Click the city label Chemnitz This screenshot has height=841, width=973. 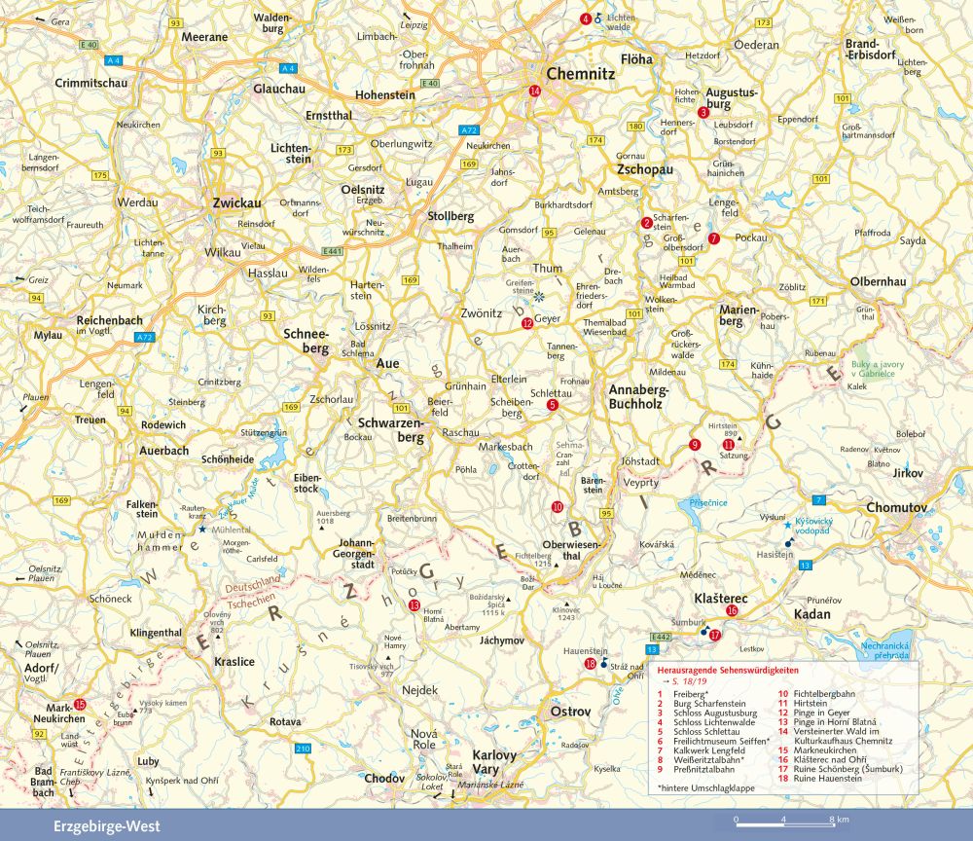tap(581, 73)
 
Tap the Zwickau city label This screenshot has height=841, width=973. tap(237, 203)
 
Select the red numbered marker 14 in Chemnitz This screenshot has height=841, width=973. tap(534, 91)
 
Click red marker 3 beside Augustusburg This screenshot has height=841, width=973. tap(703, 113)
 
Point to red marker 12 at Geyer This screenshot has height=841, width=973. tap(526, 323)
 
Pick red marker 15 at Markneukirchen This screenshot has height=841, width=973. tap(80, 704)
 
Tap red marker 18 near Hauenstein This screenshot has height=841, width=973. tap(590, 664)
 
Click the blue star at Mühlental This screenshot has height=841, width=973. tap(202, 529)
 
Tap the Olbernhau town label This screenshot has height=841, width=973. tap(878, 281)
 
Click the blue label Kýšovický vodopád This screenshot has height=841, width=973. tap(822, 525)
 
